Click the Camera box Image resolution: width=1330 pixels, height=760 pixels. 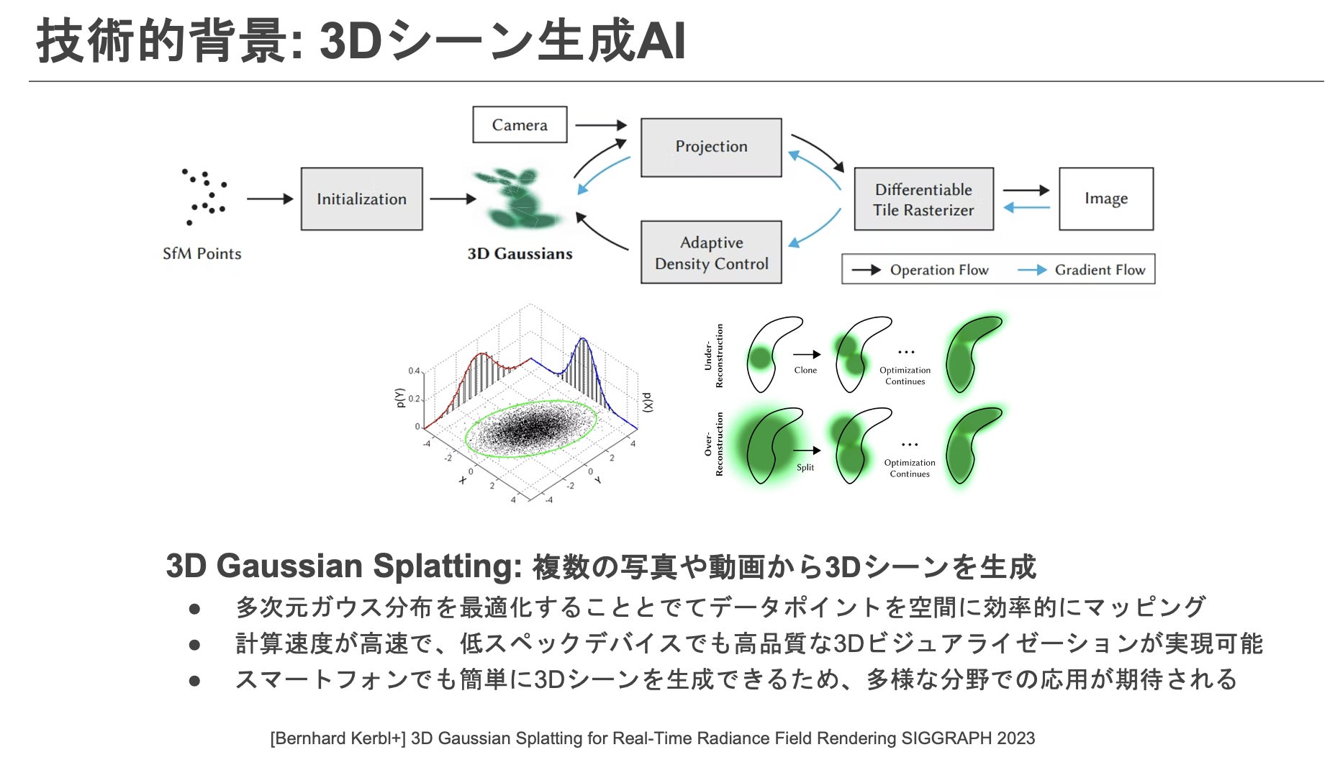tap(519, 125)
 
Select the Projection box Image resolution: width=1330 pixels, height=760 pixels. tap(710, 147)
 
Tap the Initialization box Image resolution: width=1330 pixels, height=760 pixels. tap(361, 199)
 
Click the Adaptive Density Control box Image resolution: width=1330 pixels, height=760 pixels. tap(711, 253)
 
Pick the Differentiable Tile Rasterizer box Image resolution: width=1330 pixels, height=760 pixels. tap(923, 199)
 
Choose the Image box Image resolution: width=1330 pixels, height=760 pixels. tap(1105, 199)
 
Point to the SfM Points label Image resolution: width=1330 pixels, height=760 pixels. tap(202, 253)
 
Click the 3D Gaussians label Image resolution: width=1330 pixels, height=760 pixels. tap(520, 253)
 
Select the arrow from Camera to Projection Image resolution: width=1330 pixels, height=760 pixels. tap(601, 125)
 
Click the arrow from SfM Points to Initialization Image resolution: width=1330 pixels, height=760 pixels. tap(270, 199)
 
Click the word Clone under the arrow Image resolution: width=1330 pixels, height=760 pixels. tap(805, 370)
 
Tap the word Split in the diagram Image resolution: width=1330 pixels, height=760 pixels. tap(805, 467)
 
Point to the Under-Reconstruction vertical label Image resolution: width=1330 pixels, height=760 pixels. tap(713, 355)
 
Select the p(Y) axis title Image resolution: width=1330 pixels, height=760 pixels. tap(400, 398)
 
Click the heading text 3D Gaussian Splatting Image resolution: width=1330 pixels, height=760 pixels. tap(343, 566)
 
